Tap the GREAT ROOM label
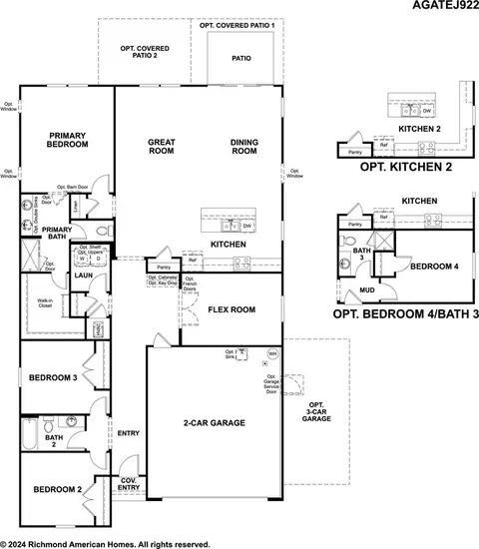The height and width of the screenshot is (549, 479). [x=162, y=147]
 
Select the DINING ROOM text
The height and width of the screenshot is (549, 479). [x=244, y=147]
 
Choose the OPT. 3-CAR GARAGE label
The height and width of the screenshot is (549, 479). [x=316, y=411]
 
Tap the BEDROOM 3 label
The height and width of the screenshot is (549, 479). [x=53, y=378]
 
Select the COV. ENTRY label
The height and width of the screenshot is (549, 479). [x=129, y=483]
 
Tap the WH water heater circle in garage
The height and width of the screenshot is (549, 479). [x=272, y=353]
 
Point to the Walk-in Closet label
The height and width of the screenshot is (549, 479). [x=46, y=302]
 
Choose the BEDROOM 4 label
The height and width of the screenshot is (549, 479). [x=434, y=266]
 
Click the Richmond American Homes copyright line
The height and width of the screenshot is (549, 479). [x=105, y=543]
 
